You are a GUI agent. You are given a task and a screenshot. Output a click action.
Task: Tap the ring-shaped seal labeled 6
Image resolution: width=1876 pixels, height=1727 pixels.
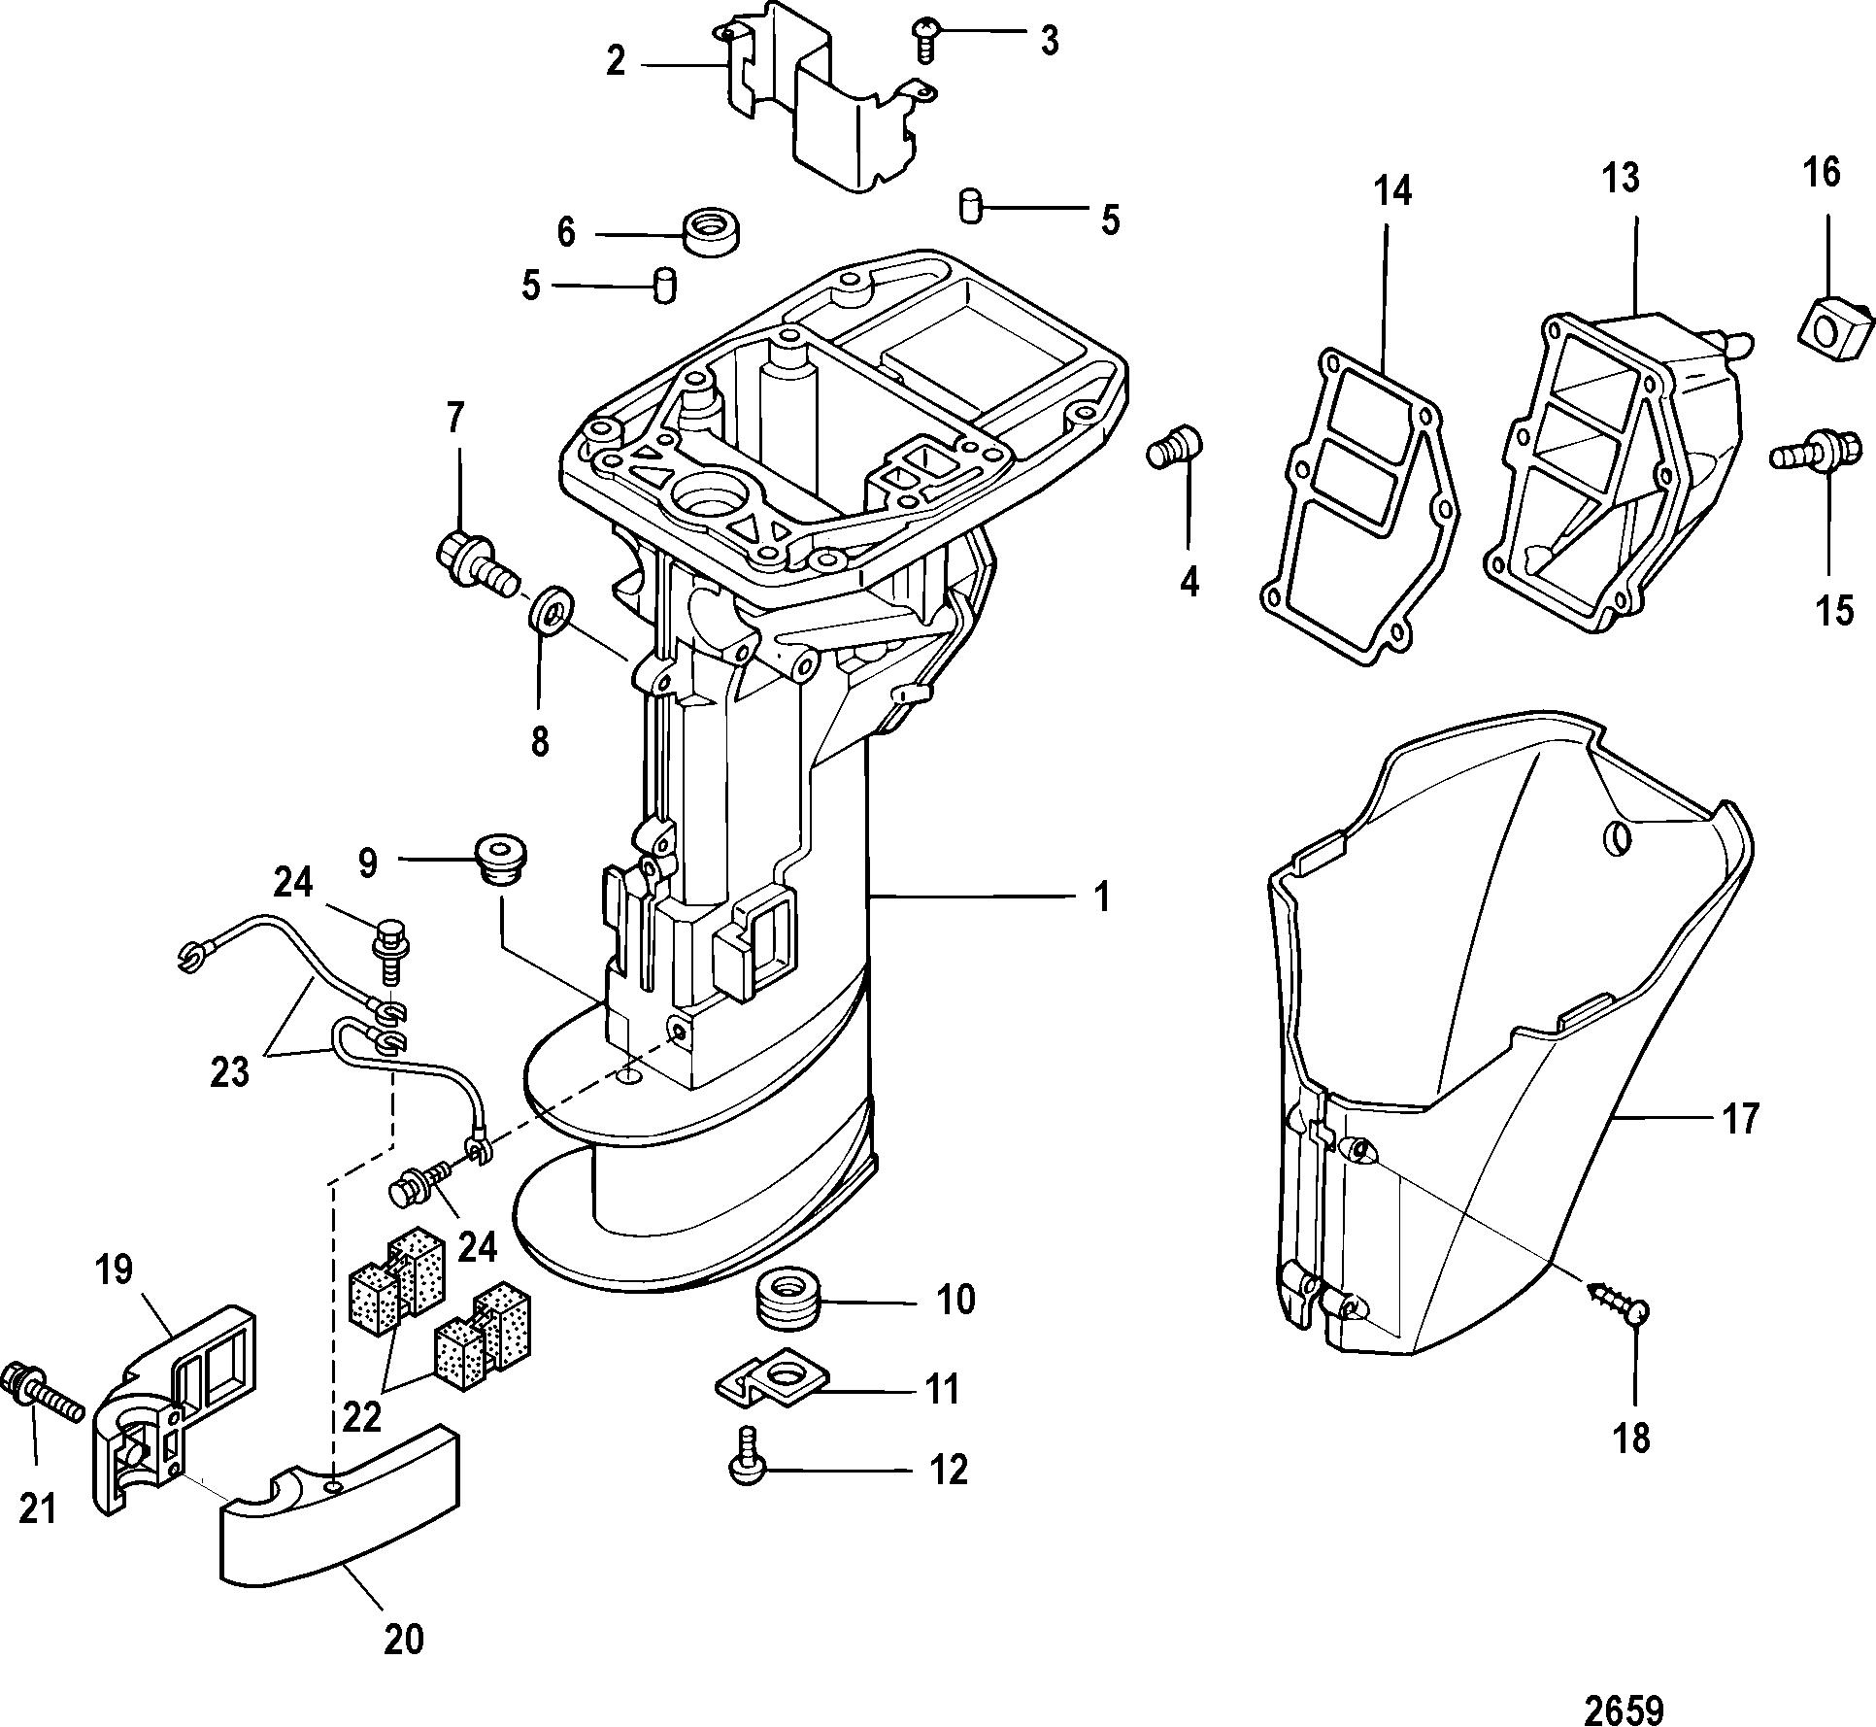coord(715,231)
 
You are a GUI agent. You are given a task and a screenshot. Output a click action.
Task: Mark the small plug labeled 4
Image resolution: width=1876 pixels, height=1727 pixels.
coord(1175,445)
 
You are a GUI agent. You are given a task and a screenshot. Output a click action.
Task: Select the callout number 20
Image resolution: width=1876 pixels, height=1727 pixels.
coord(402,1639)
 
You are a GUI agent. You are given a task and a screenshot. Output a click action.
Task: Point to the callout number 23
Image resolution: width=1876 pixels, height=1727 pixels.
coord(230,1072)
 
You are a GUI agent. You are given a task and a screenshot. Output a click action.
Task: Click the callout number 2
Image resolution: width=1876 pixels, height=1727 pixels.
coord(616,62)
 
